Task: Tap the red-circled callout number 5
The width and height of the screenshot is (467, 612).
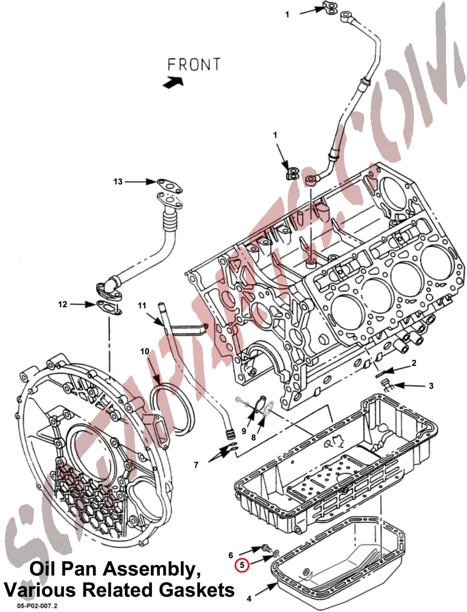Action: point(242,565)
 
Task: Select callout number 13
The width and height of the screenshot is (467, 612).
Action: point(118,182)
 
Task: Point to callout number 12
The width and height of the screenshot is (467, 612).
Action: point(63,304)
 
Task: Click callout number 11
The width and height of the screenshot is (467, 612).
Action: point(142,305)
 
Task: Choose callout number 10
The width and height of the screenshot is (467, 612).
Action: point(145,351)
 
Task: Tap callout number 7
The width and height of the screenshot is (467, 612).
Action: point(196,465)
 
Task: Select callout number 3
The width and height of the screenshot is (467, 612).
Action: point(431,386)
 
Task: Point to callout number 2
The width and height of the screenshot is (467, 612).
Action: point(414,363)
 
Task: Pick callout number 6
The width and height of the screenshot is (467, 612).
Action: point(231,555)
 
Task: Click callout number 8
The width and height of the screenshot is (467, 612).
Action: point(253,437)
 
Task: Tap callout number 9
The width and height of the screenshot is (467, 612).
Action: point(244,431)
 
